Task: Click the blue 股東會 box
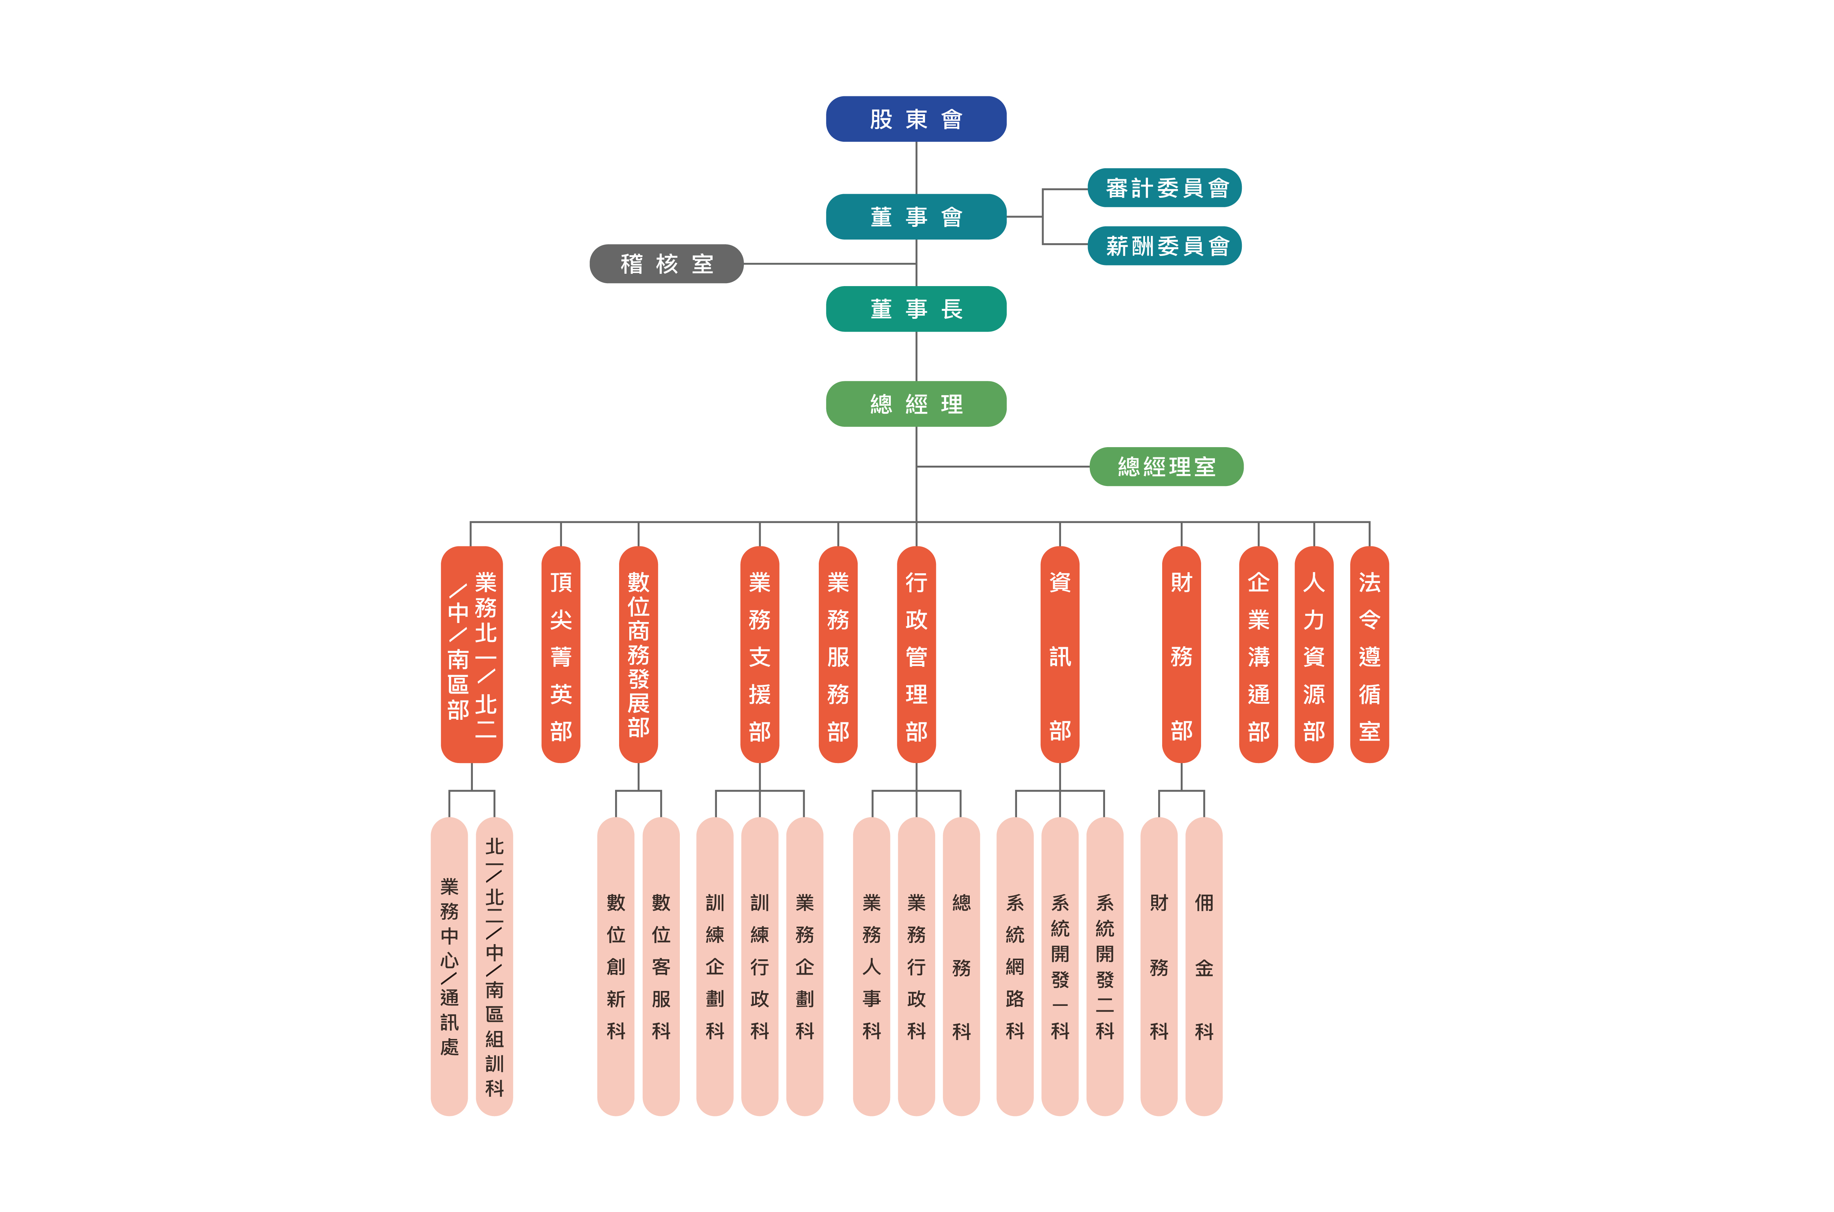[916, 119]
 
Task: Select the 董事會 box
[916, 216]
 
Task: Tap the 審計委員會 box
[1164, 188]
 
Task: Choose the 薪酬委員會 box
[1164, 246]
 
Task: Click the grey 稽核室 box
[666, 264]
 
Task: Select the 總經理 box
[916, 404]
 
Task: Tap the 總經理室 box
[1166, 466]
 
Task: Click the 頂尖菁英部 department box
[561, 655]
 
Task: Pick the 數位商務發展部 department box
[639, 655]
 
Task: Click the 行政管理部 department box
[916, 655]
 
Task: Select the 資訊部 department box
[1060, 655]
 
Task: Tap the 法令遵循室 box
[1369, 655]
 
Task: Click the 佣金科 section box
[1204, 966]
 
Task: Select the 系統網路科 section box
[1015, 966]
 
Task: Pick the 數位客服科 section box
[661, 966]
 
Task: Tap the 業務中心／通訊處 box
[449, 966]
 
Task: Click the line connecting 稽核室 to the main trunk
[830, 264]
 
